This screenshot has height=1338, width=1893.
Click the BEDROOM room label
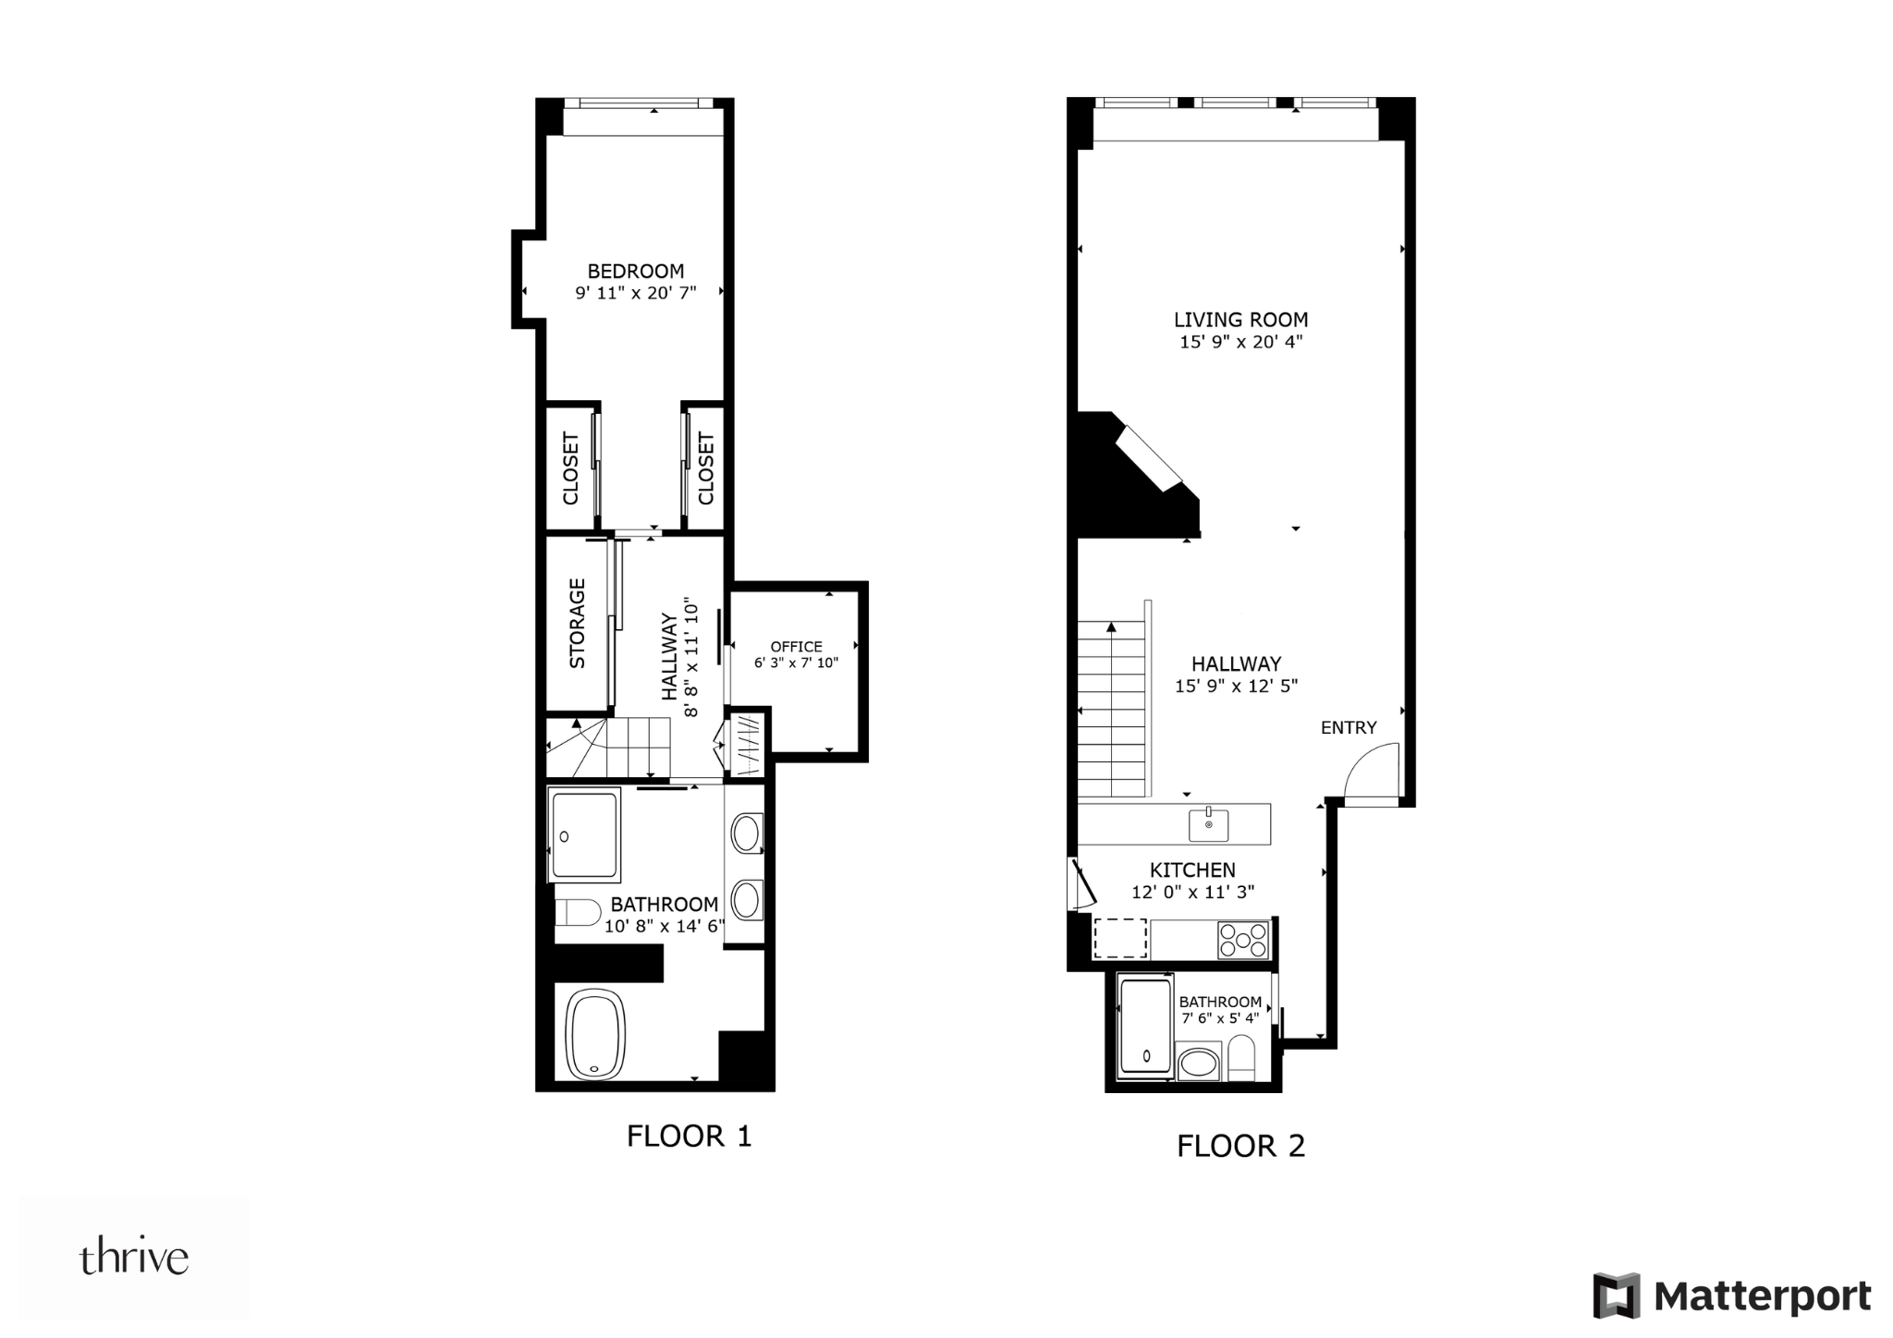click(636, 271)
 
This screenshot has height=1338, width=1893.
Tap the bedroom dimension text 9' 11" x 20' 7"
click(636, 293)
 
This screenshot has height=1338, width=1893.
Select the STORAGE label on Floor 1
click(578, 624)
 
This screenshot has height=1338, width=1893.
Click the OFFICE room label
click(796, 647)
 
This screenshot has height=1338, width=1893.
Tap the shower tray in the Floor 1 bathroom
click(584, 835)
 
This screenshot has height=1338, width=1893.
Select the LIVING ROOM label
click(1240, 320)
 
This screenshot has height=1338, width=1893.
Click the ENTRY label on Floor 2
click(1349, 728)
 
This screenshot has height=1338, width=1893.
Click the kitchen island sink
click(1209, 823)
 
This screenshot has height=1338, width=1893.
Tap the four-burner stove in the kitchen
click(1243, 941)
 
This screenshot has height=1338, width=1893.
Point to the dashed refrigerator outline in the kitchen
click(1120, 939)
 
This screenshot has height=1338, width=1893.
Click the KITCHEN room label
click(1192, 870)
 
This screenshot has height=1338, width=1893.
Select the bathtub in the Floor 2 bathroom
click(1146, 1028)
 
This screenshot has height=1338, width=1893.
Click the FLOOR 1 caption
click(690, 1136)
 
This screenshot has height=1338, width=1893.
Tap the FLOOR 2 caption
click(1240, 1146)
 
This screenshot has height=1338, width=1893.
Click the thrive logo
click(134, 1259)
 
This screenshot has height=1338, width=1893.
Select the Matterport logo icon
click(1616, 1295)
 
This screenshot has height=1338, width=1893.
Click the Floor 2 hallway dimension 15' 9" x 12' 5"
click(1236, 686)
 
